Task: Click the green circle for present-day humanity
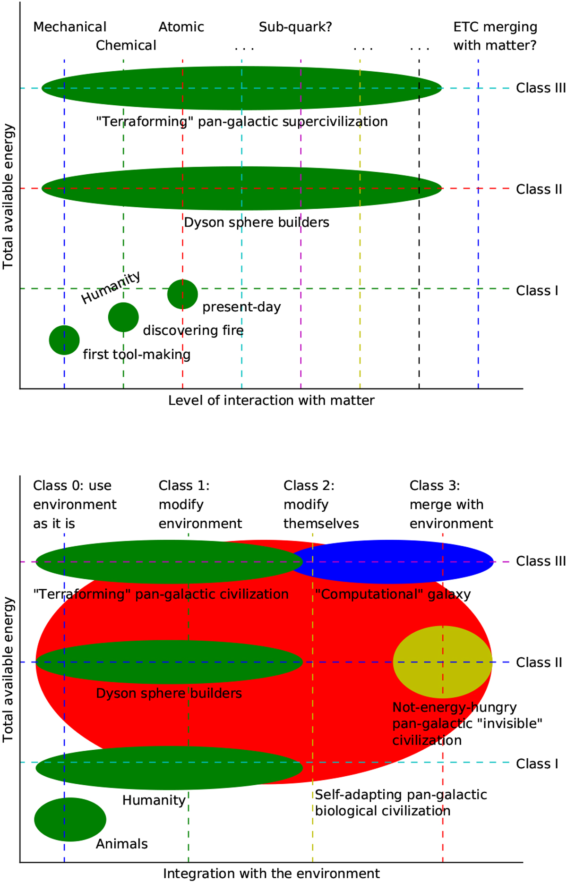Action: pos(182,294)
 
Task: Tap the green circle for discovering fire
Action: pos(123,317)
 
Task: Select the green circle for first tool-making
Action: pos(64,340)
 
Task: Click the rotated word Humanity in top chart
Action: pos(111,288)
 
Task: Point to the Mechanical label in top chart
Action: pos(69,27)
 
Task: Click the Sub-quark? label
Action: pos(295,27)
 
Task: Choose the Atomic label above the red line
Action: pos(181,27)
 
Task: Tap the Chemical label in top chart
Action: pos(126,45)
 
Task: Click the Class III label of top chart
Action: pos(541,88)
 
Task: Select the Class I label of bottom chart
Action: pos(537,763)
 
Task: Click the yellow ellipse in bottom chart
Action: pos(442,662)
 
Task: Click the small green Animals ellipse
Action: pos(70,819)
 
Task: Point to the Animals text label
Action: pos(121,844)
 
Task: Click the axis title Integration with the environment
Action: pos(271,874)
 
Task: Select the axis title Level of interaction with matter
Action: pos(271,400)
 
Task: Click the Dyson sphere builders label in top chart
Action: pos(256,222)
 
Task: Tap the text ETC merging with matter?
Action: pos(495,36)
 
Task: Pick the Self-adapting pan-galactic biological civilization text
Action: pos(400,803)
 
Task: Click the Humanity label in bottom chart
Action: pos(154,800)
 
